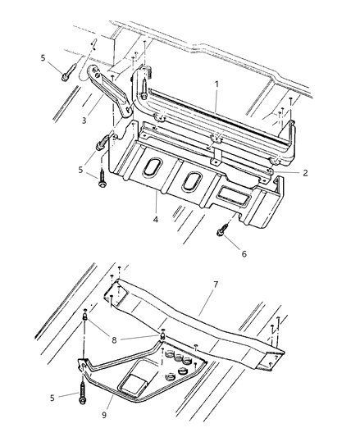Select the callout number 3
click(84, 121)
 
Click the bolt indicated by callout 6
click(221, 233)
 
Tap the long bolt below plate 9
click(83, 388)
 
